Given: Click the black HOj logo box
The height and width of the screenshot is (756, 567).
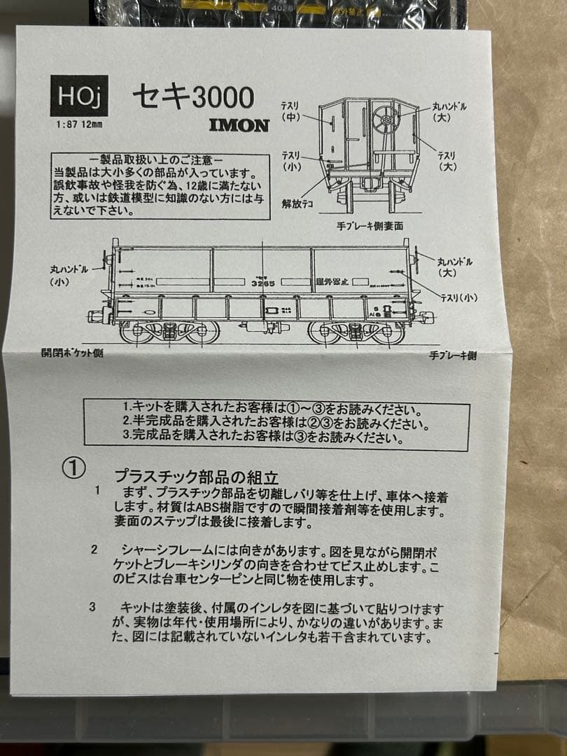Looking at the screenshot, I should click(79, 95).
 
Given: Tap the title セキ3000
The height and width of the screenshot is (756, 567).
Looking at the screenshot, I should click(192, 97).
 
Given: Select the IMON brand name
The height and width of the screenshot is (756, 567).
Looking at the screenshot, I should click(239, 126).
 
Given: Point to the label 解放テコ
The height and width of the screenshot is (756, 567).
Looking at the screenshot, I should click(296, 204).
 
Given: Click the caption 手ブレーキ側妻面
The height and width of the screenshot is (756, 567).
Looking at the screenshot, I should click(370, 226).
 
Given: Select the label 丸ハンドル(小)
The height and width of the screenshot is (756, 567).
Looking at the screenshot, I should click(69, 274).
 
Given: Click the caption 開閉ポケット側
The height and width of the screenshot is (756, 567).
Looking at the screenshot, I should click(72, 353).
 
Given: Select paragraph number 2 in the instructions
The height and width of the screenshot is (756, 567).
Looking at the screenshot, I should click(94, 549).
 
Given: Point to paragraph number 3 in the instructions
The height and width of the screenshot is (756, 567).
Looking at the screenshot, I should click(92, 607).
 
